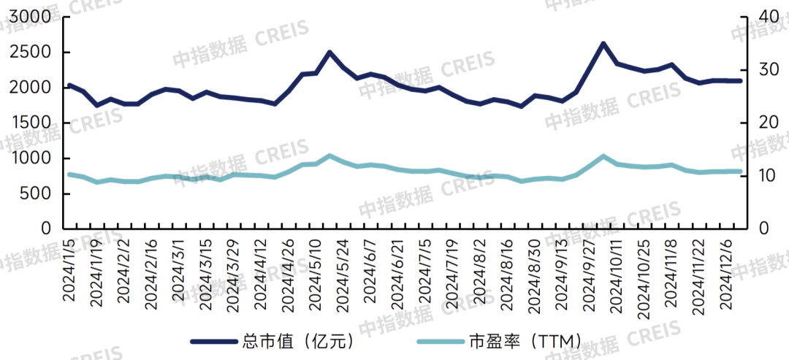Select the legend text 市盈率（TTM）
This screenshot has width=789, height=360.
525,340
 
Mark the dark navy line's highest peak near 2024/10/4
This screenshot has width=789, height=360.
603,43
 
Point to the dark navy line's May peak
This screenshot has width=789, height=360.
329,52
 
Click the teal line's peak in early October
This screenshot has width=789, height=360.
603,156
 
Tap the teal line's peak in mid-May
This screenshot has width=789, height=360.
329,156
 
